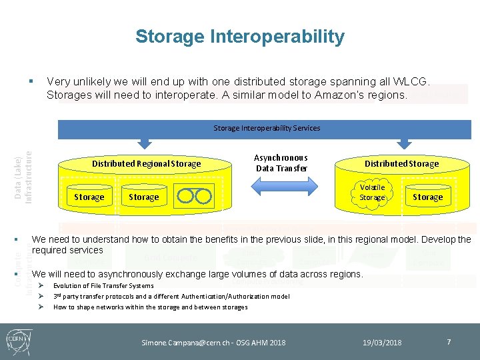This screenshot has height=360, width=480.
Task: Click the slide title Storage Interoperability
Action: pos(240,37)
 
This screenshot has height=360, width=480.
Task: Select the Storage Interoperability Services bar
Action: pos(266,128)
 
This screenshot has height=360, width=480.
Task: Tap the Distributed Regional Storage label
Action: pos(146,163)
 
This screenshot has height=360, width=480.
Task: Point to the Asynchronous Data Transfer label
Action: pos(281,163)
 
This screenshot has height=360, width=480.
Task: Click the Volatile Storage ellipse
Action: pos(372,193)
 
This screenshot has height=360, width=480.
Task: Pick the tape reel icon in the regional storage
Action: pos(194,196)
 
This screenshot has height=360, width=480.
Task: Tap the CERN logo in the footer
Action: pos(18,341)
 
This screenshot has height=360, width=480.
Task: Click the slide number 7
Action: pos(449,342)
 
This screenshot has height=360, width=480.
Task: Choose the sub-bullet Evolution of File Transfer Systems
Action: pos(103,285)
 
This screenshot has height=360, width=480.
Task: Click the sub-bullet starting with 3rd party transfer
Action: pos(171,296)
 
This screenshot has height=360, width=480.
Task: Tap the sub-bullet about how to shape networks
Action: pos(150,307)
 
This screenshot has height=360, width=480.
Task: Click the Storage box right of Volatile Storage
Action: pos(427,197)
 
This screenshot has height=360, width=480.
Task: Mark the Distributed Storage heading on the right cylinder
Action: pos(401,163)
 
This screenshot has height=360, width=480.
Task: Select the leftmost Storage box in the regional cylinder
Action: pos(89,197)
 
